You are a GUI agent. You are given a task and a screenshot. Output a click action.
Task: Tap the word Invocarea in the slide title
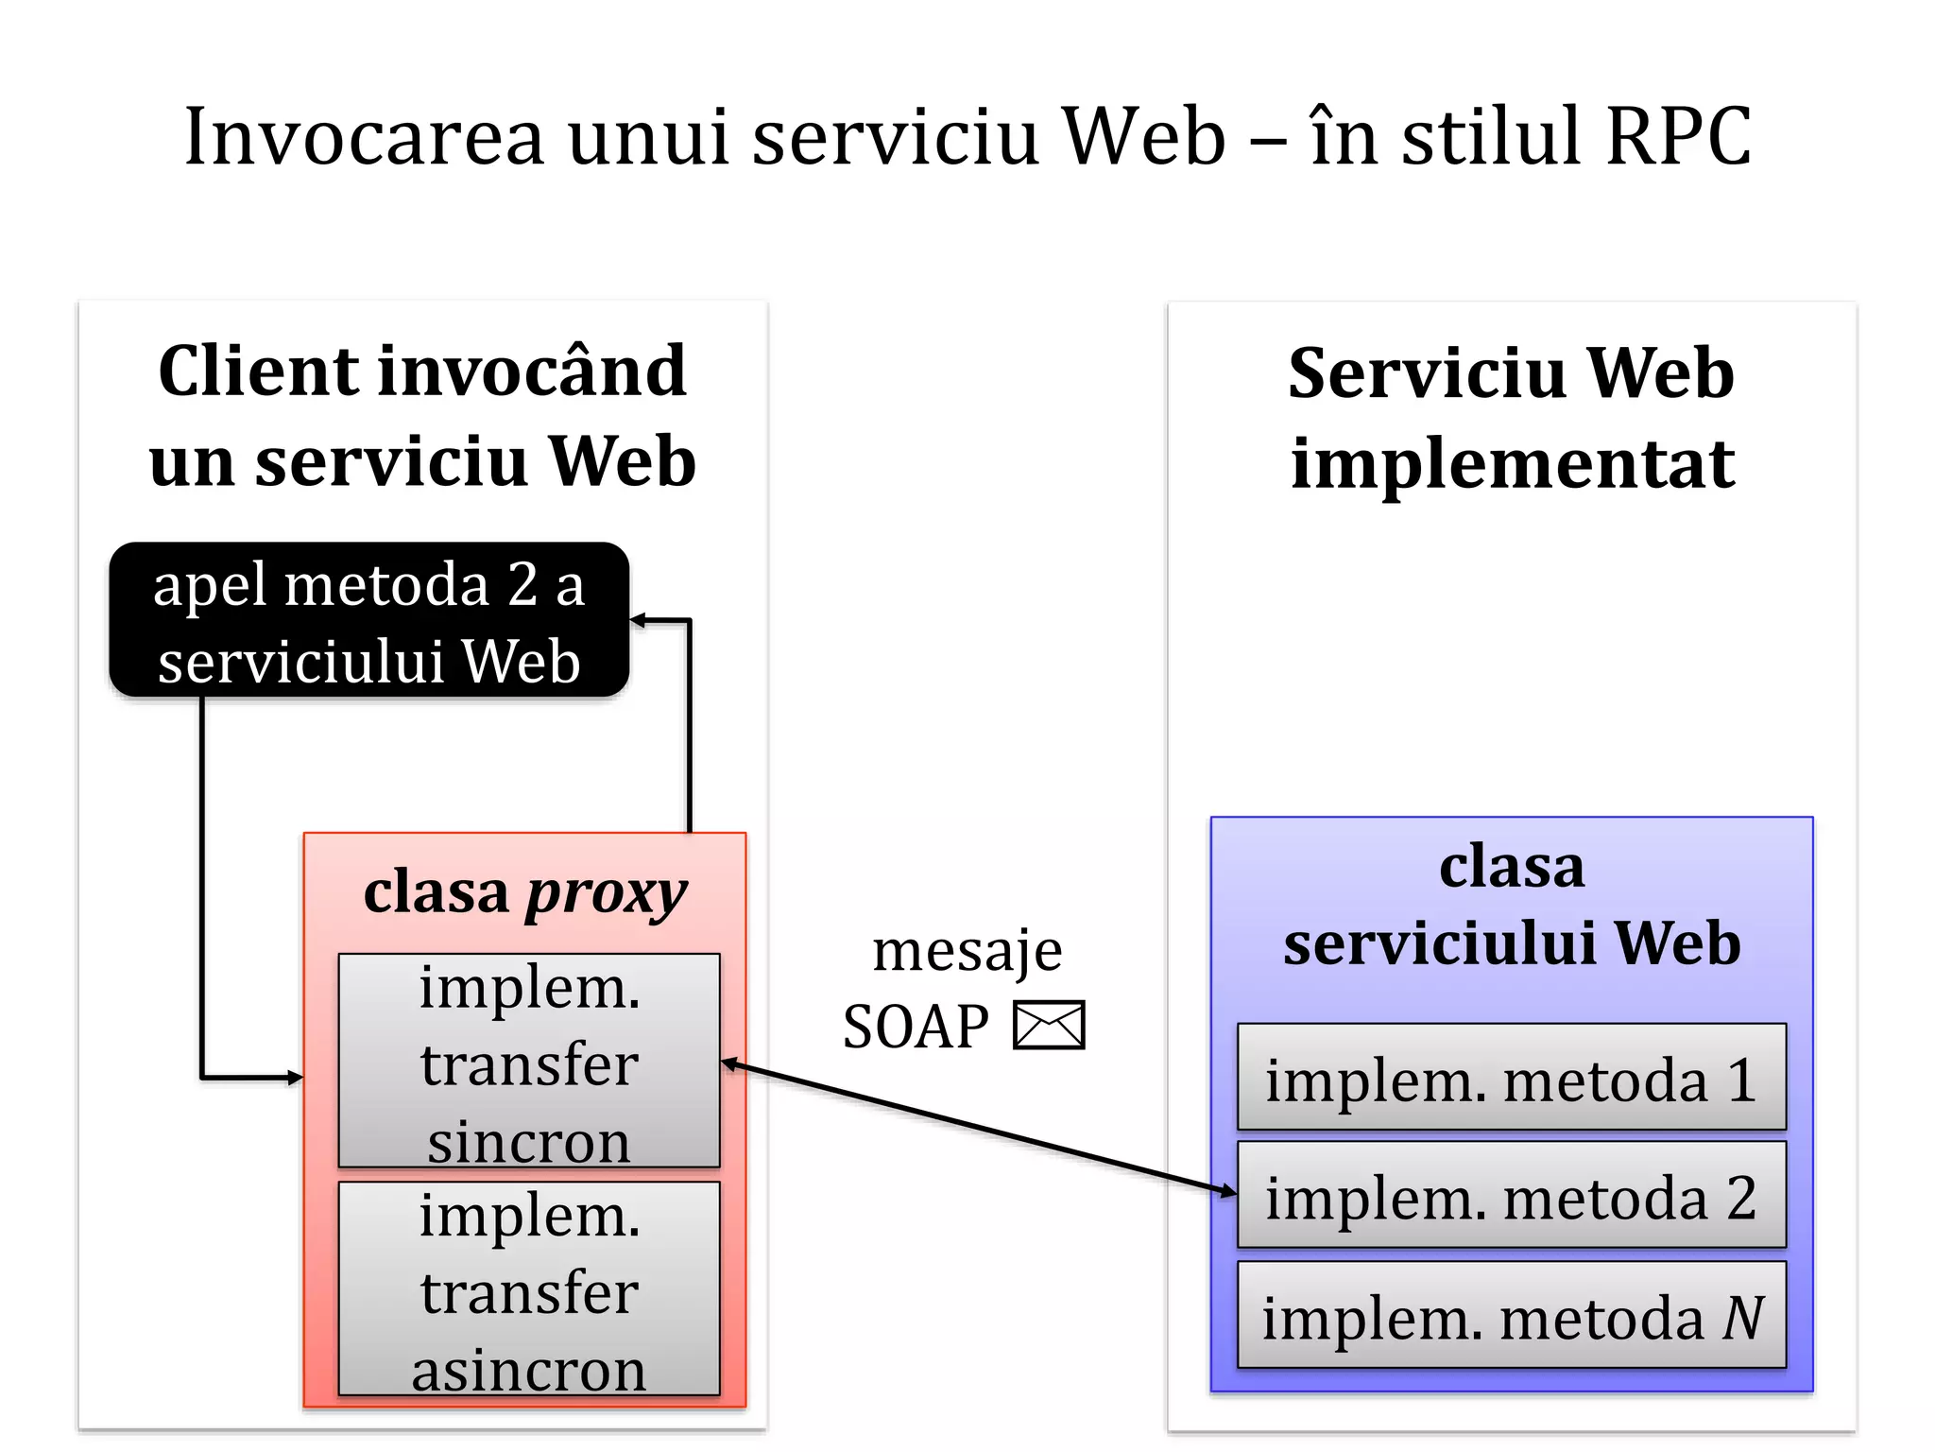[x=364, y=137]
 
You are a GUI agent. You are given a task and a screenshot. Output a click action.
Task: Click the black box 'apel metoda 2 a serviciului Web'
[x=368, y=620]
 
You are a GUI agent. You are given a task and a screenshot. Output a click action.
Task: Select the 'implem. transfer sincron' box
[x=529, y=1061]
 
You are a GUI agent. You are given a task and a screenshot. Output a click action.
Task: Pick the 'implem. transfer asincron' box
[x=529, y=1289]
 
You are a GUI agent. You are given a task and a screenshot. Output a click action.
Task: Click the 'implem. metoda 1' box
[x=1511, y=1078]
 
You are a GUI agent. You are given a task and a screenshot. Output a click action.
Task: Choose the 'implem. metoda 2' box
[x=1511, y=1196]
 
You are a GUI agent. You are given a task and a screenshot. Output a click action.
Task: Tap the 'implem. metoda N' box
[x=1511, y=1316]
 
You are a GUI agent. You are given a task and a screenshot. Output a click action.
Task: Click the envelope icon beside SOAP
[x=1049, y=1026]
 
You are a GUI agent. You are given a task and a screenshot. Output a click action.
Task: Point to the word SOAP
[x=915, y=1027]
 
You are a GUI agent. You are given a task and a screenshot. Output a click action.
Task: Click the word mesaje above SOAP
[x=967, y=950]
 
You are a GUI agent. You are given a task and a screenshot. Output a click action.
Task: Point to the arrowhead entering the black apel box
[x=639, y=621]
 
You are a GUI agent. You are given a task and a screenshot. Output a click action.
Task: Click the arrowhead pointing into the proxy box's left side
[x=295, y=1077]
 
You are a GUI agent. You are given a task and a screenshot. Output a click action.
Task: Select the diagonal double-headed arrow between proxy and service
[x=978, y=1128]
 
